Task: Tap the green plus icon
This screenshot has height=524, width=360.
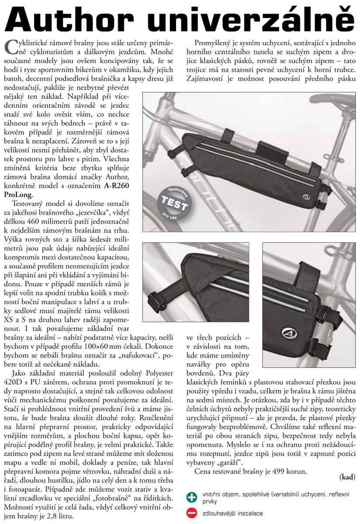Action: (x=192, y=497)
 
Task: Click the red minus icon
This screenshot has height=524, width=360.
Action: (x=192, y=513)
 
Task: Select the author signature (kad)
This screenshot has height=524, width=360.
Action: (x=347, y=477)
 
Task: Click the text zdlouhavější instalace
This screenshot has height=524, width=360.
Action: (x=232, y=513)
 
